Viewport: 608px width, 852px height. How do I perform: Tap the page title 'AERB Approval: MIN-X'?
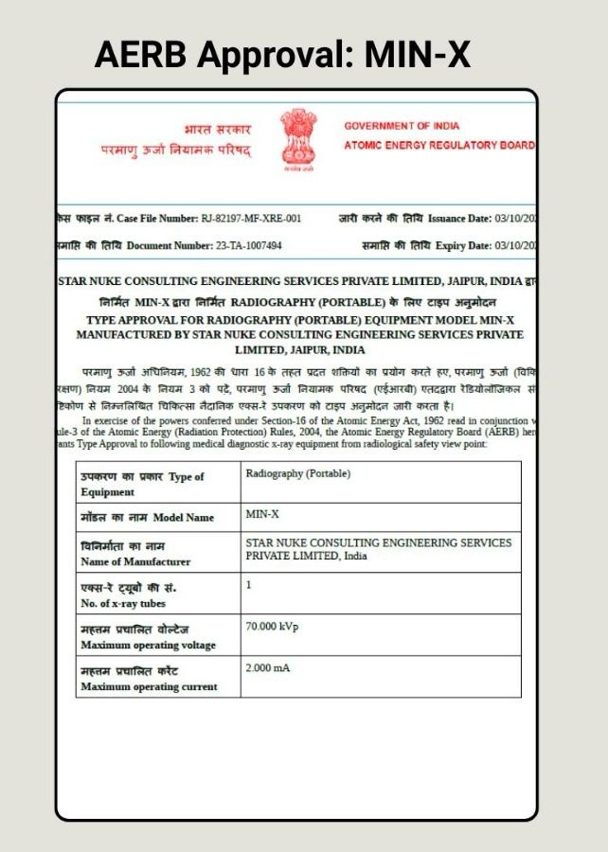pyautogui.click(x=282, y=56)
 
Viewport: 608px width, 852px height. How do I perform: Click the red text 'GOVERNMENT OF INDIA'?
pyautogui.click(x=402, y=126)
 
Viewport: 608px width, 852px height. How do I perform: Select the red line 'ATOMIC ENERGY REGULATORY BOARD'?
pyautogui.click(x=438, y=145)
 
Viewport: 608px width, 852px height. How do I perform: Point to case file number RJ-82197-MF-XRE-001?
pyautogui.click(x=251, y=219)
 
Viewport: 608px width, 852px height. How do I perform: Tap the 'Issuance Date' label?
pyautogui.click(x=459, y=219)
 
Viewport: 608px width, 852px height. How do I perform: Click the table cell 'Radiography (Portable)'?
pyautogui.click(x=297, y=473)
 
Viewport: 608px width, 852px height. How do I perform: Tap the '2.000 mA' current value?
pyautogui.click(x=268, y=668)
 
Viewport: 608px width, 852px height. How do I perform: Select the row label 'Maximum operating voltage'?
pyautogui.click(x=148, y=645)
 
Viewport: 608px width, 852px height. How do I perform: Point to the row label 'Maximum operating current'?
pyautogui.click(x=149, y=686)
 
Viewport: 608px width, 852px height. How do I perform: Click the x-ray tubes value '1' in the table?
pyautogui.click(x=249, y=585)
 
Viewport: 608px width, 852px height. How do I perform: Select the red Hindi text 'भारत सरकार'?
pyautogui.click(x=217, y=128)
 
